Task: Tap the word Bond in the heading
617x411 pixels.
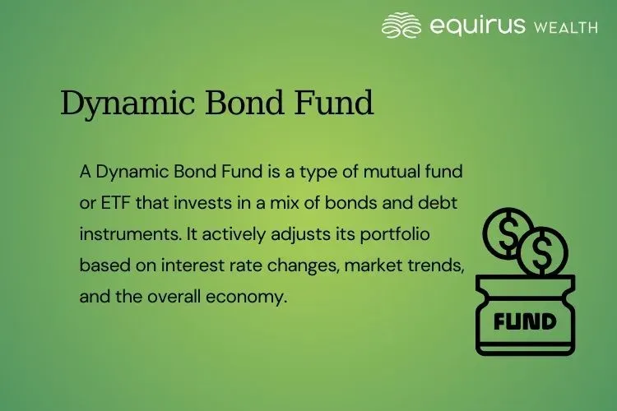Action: pyautogui.click(x=230, y=104)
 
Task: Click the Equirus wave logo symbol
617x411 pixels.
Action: pyautogui.click(x=401, y=25)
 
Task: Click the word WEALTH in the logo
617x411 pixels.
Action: pyautogui.click(x=566, y=27)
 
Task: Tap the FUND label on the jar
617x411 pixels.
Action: pyautogui.click(x=525, y=319)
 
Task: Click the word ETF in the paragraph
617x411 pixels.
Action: pyautogui.click(x=114, y=202)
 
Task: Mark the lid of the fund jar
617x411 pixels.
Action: pyautogui.click(x=525, y=284)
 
